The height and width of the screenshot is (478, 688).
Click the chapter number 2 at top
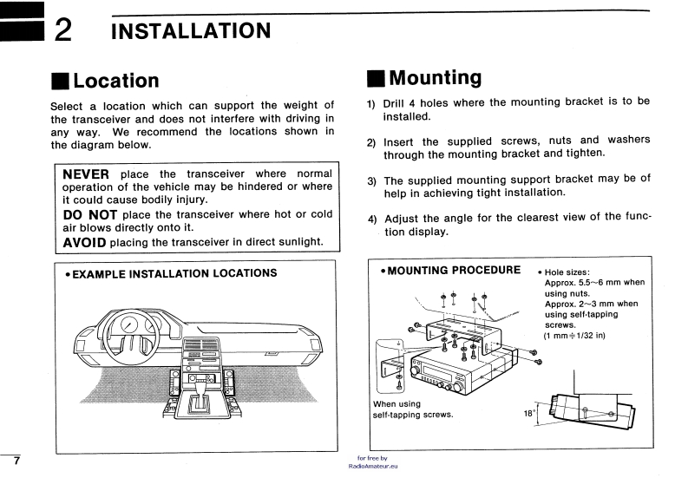point(62,31)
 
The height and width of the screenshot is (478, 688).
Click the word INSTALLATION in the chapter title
point(191,31)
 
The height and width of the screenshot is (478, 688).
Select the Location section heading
point(115,81)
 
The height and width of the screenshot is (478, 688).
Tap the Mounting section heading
point(435,78)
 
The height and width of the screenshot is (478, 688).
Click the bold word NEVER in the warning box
point(87,174)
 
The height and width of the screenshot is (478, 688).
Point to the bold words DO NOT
point(90,213)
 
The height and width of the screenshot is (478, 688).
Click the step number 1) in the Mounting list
point(371,103)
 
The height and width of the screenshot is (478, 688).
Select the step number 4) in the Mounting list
point(372,218)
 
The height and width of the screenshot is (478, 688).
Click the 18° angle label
point(529,414)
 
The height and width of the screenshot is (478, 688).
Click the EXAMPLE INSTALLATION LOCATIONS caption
point(172,273)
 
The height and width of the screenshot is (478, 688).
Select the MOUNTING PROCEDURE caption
point(450,269)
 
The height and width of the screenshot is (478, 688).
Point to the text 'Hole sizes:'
point(569,272)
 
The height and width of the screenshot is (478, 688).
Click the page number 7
point(16,458)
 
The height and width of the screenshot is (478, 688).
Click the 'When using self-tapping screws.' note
point(413,409)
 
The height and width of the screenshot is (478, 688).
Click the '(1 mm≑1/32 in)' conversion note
point(574,335)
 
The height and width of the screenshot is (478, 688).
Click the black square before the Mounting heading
point(374,79)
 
